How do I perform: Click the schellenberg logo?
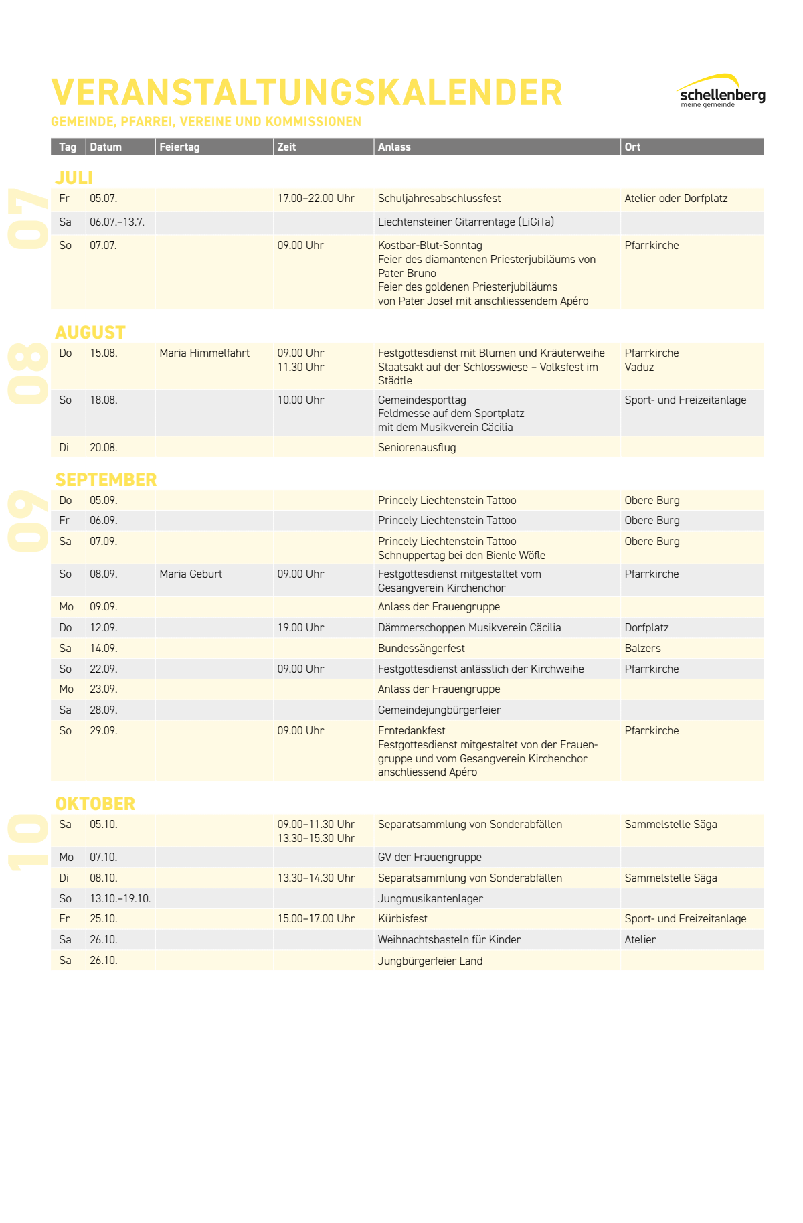pos(721,92)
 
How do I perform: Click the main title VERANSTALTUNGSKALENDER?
pos(306,92)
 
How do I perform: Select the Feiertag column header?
pos(179,147)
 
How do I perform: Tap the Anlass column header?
pos(394,147)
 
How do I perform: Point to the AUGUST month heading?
pos(90,332)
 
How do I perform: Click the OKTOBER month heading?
pos(95,803)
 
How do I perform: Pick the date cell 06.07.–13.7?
pos(117,222)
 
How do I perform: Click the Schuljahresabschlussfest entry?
pos(439,198)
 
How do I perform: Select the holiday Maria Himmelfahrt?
pos(204,353)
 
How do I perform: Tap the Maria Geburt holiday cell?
pos(191,574)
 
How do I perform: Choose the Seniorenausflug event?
pos(417,447)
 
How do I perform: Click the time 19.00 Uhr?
pos(300,627)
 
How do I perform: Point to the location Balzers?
pos(642,648)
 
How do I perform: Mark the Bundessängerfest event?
pos(421,648)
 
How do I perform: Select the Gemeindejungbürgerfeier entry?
pos(439,710)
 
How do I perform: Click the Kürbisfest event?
pos(402,918)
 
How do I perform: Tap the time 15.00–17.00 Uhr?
pos(316,918)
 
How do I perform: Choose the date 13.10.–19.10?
pos(120,898)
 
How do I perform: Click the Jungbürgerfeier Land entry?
pos(430,961)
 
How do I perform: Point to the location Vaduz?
pos(639,367)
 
